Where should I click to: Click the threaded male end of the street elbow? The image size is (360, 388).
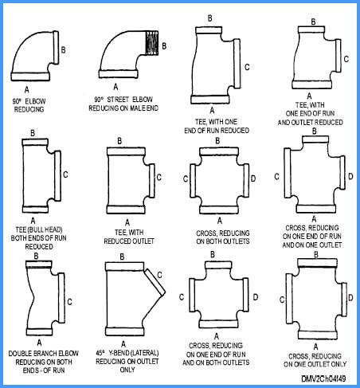[x=152, y=43]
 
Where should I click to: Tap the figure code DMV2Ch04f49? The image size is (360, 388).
[x=323, y=378]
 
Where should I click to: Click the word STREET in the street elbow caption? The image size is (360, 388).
[x=118, y=100]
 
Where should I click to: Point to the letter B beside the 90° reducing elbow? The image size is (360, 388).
[x=63, y=50]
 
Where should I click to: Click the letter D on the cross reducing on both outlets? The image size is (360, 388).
[x=253, y=178]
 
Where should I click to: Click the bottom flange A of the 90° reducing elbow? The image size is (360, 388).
[x=30, y=76]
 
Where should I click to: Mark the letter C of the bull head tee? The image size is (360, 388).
[x=65, y=174]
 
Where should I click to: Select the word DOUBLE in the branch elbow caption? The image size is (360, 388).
[x=20, y=354]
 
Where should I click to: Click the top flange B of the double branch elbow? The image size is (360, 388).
[x=38, y=264]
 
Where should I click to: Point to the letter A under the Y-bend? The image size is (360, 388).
[x=123, y=344]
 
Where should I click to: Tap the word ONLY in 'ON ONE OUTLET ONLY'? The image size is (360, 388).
[x=338, y=364]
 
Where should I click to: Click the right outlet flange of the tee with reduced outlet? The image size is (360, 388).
[x=152, y=181]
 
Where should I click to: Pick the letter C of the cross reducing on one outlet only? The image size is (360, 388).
[x=282, y=300]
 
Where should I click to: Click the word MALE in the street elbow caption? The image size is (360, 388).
[x=138, y=108]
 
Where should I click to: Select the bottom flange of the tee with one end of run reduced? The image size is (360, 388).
[x=210, y=100]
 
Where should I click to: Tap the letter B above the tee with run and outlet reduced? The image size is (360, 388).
[x=313, y=22]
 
